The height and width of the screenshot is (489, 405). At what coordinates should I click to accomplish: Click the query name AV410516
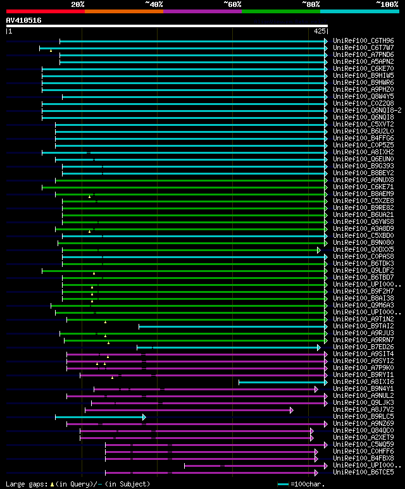(x=24, y=20)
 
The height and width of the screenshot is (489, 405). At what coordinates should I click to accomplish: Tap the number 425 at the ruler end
(x=320, y=31)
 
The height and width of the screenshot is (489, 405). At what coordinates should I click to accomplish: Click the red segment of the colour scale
(x=45, y=11)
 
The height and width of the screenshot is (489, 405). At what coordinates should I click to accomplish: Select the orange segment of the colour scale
(x=123, y=11)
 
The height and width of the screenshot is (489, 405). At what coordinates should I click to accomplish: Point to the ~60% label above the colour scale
(x=232, y=4)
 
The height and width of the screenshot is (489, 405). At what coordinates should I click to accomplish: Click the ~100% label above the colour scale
(x=387, y=4)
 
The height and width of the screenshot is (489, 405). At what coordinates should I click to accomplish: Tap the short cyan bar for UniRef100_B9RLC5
(x=100, y=416)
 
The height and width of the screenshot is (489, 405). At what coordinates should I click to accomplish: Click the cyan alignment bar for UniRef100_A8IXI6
(x=282, y=381)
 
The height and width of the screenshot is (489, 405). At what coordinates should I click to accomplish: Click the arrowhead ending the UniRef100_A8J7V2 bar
(x=292, y=409)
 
